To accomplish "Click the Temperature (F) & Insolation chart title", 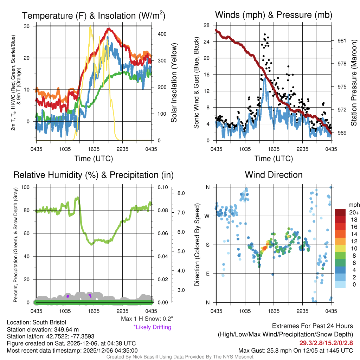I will tap(94, 15).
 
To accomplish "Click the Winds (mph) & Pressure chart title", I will tap(274, 15).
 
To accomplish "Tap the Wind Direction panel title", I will tap(274, 174).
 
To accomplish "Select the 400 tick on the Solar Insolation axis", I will tap(162, 34).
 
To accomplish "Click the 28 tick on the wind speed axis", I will tap(206, 25).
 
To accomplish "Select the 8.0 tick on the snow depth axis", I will tap(181, 193).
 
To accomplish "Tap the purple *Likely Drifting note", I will tap(152, 327).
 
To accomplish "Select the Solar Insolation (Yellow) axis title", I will tap(174, 83).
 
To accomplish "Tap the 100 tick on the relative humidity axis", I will tap(29, 187).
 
